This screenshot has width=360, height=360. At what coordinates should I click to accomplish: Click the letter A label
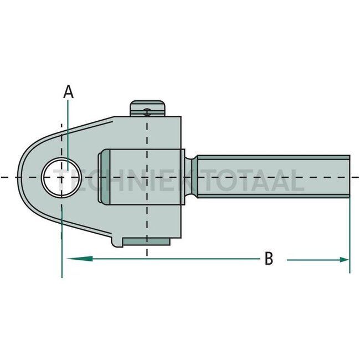(68, 91)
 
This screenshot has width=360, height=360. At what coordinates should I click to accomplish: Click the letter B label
(268, 259)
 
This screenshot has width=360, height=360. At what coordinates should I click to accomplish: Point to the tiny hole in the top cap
(146, 111)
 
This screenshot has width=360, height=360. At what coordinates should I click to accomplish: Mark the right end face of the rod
(349, 177)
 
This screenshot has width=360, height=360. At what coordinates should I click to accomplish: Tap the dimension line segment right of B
(310, 259)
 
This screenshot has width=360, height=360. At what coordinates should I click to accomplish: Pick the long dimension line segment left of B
(166, 259)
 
